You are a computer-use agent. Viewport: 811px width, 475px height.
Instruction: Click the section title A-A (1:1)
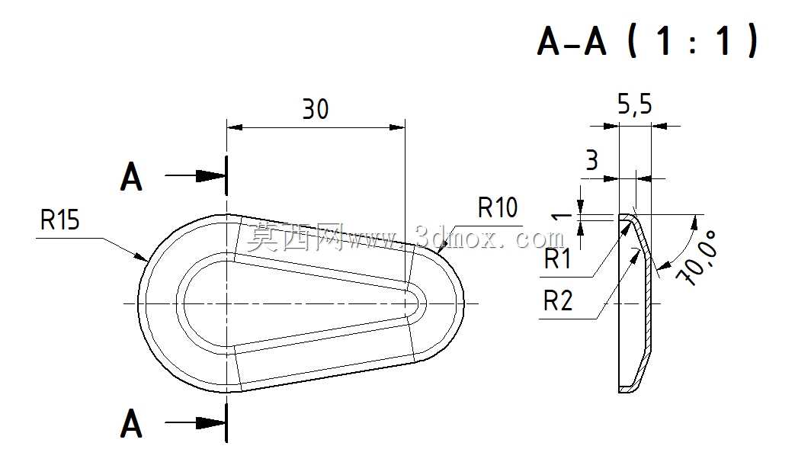[648, 40]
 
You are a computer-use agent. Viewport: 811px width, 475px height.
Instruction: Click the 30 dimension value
[316, 109]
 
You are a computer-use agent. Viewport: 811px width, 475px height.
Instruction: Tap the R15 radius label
[60, 220]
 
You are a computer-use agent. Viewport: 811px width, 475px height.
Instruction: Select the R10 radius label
[498, 207]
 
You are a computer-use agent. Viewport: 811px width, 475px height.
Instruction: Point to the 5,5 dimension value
[635, 105]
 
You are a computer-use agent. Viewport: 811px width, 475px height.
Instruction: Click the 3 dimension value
[592, 160]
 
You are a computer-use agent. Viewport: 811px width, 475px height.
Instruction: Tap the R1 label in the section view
[558, 258]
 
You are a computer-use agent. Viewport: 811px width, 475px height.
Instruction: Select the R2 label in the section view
[558, 300]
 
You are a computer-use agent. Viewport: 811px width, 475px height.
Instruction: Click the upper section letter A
[131, 177]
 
